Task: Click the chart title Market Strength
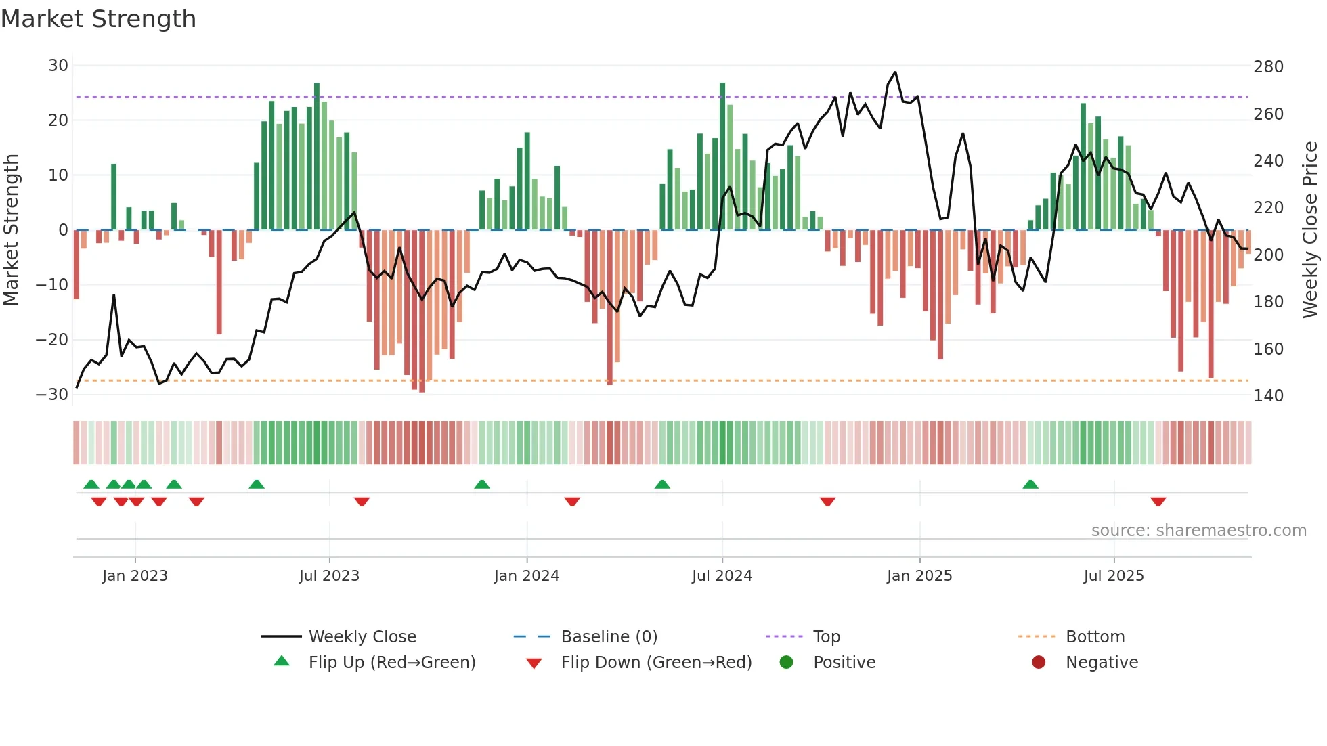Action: coord(98,19)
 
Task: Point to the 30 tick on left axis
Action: coord(58,66)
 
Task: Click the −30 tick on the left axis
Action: coord(53,395)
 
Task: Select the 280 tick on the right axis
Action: coord(1268,67)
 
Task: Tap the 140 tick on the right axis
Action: coord(1268,396)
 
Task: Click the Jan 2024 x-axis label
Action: coord(526,576)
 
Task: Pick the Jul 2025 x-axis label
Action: coord(1113,576)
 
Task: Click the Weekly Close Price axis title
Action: coord(1310,230)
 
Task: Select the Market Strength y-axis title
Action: coord(11,230)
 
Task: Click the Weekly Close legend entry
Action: coord(362,637)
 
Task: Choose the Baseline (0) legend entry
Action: coord(609,637)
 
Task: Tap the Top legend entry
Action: coord(826,637)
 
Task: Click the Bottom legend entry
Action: coord(1095,637)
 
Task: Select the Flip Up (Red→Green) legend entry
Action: coord(391,663)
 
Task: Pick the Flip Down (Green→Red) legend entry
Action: coord(656,663)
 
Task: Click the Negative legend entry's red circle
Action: coord(1038,662)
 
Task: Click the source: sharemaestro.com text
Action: coord(1198,531)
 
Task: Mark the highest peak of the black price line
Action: coord(895,72)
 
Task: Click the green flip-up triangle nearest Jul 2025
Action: coord(1030,485)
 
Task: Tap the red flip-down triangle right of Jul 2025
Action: coord(1158,502)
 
